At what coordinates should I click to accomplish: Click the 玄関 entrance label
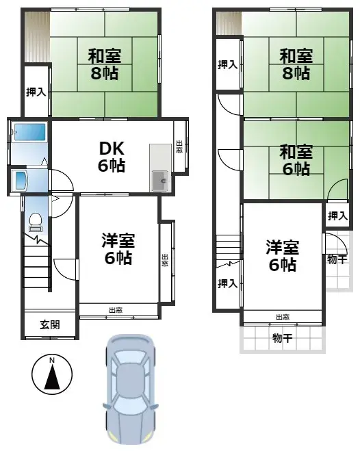(49, 324)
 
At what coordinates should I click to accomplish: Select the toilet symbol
(36, 220)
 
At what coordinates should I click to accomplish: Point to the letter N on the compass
(52, 361)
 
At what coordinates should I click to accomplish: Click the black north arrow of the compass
(52, 377)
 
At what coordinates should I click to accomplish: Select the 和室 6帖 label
(296, 159)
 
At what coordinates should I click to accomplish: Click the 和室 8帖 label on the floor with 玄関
(104, 63)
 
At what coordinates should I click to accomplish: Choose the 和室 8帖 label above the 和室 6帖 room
(296, 63)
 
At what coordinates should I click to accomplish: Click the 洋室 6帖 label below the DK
(118, 249)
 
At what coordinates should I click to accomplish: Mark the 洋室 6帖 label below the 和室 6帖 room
(283, 255)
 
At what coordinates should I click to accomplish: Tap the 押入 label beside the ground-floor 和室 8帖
(36, 92)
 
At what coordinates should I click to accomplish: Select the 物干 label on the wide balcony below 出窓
(281, 337)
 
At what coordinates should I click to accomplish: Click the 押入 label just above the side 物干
(337, 216)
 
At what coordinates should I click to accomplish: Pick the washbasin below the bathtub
(20, 181)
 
